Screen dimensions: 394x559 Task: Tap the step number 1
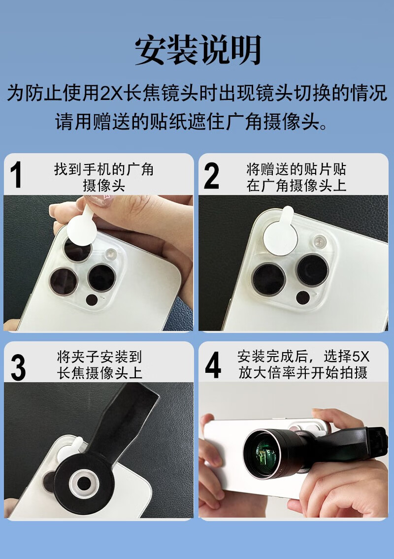(x=16, y=175)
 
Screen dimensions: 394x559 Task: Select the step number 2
(x=211, y=175)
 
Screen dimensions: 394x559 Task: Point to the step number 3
(x=18, y=367)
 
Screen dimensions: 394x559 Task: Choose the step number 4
(x=213, y=365)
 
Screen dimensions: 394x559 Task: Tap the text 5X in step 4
(x=361, y=357)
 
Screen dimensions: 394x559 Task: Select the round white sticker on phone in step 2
(x=280, y=232)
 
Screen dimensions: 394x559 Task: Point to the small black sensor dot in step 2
(x=303, y=297)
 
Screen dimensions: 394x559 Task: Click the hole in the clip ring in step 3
(x=84, y=484)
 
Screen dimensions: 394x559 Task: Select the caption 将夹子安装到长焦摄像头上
(x=99, y=365)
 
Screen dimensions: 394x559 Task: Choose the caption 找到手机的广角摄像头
(x=104, y=177)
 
